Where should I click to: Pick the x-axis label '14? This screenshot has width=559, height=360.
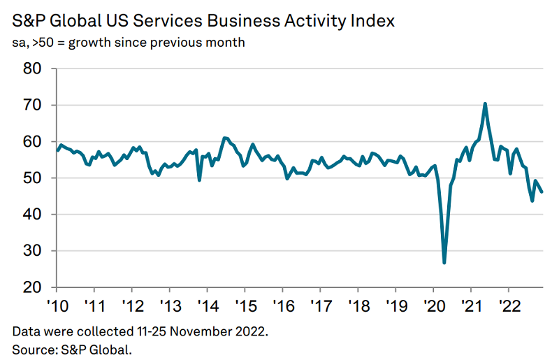pos(207,305)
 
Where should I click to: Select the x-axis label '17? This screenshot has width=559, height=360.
pos(320,305)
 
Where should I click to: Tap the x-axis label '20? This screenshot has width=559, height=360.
pos(433,305)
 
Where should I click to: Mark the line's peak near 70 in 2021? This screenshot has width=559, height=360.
pos(485,103)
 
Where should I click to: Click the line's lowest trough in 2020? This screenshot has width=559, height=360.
pos(444,263)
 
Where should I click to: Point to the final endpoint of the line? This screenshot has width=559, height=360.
pos(543,192)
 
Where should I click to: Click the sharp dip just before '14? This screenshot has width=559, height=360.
pos(200,180)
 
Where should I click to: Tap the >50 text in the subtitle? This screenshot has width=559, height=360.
pos(43,43)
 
